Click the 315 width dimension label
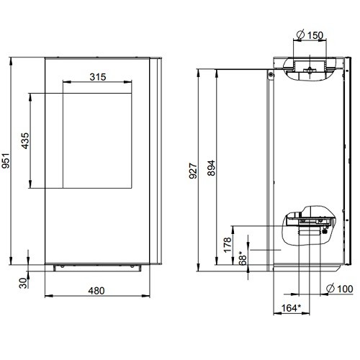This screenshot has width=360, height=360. (98, 76)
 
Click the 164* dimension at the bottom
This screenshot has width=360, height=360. (290, 310)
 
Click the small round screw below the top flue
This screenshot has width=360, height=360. (271, 74)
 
